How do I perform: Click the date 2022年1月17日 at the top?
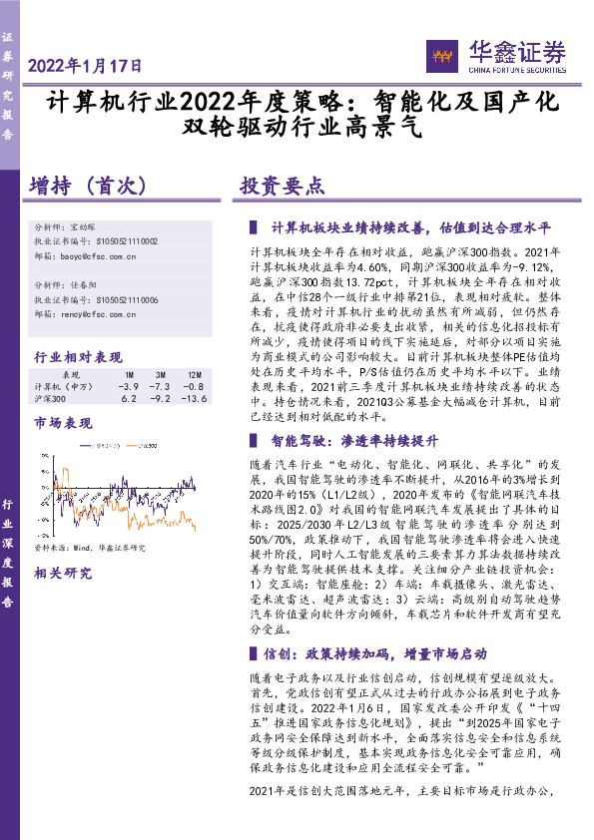(x=86, y=66)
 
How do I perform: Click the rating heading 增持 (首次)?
(x=89, y=186)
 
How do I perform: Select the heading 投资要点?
(x=282, y=186)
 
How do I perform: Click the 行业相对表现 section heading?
(x=78, y=356)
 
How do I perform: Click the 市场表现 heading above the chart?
(x=61, y=423)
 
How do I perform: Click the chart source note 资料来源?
(x=90, y=548)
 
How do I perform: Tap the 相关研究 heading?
(x=61, y=574)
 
